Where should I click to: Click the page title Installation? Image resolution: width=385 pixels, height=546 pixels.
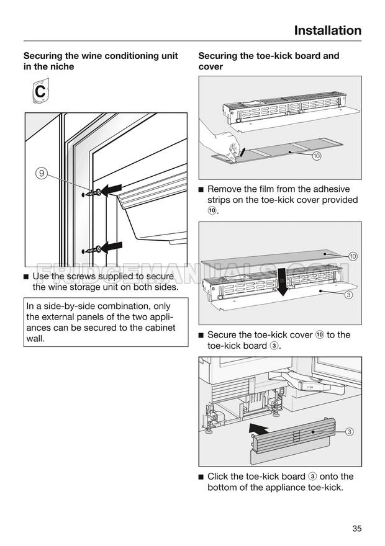[327, 30]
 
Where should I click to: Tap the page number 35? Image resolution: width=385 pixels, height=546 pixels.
[356, 529]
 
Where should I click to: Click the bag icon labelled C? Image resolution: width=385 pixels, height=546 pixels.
[38, 92]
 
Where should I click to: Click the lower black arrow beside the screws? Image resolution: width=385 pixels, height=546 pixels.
[112, 248]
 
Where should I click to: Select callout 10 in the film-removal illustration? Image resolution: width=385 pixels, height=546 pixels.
[317, 156]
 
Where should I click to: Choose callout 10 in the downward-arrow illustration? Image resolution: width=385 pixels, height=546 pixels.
[353, 256]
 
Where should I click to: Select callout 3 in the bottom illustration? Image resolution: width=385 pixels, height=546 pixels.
[350, 431]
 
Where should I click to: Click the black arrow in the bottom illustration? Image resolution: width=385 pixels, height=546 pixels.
[260, 429]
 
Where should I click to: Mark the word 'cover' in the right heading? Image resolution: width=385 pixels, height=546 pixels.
[211, 67]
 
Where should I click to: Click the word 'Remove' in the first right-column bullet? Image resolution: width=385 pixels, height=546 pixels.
[225, 189]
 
